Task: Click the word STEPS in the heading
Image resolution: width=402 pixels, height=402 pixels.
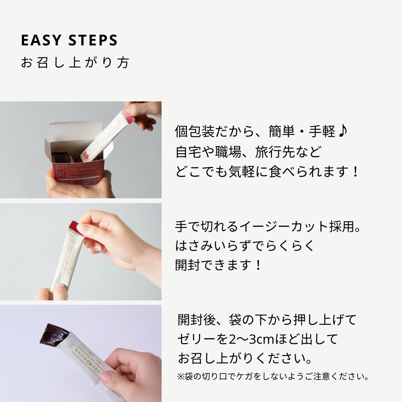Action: pos(93,41)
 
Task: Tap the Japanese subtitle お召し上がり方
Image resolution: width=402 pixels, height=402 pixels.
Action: pos(75,63)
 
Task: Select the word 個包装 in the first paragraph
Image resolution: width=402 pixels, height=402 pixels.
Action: pos(195,132)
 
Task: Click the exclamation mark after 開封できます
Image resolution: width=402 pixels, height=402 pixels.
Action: pos(258,265)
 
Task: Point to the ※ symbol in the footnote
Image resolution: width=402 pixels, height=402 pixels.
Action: pos(180,377)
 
